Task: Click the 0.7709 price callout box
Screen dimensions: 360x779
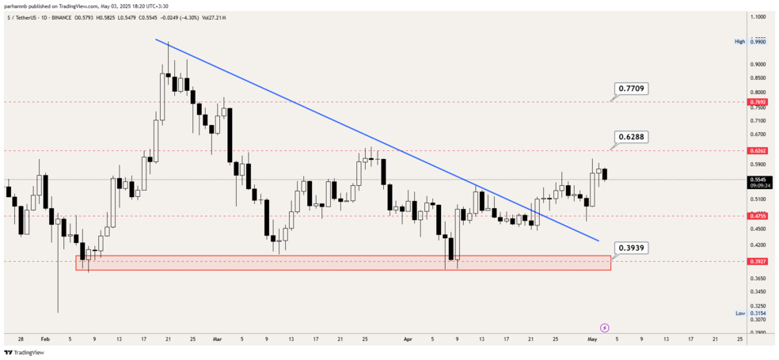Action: point(631,89)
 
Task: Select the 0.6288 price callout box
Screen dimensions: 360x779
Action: point(631,137)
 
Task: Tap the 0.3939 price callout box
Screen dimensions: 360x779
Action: point(631,248)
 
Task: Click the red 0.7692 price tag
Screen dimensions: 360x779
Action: point(757,102)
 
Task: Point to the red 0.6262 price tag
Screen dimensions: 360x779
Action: point(757,150)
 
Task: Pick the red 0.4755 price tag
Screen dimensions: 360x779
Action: point(757,215)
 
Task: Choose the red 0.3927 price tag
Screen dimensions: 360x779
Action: point(757,261)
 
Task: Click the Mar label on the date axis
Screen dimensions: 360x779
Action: point(218,338)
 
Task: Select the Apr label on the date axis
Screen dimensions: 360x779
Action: point(408,338)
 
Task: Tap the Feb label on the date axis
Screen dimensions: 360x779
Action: point(45,338)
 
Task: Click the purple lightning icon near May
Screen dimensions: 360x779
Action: point(605,327)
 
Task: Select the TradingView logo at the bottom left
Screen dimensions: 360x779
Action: point(24,353)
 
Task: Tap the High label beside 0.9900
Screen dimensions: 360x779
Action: point(739,41)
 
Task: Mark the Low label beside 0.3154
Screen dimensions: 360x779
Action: point(740,313)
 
